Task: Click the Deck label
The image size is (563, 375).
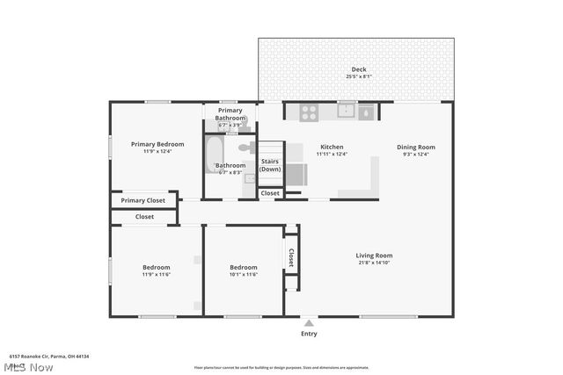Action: coord(358,69)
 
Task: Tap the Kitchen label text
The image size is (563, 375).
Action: coord(332,147)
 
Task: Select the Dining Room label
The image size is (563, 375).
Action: coord(415,147)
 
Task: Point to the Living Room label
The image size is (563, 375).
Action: coord(374,255)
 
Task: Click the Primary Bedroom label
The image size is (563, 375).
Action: coord(157,144)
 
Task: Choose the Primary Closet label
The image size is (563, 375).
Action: coord(143,200)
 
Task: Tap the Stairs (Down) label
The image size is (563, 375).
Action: coord(270,165)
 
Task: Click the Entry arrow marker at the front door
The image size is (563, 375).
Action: coord(309,322)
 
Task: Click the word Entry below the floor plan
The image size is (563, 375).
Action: coord(309,334)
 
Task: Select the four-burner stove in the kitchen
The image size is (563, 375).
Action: coord(310,112)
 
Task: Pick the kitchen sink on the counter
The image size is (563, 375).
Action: coord(347,111)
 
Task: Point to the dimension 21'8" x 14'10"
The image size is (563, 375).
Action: coord(374,263)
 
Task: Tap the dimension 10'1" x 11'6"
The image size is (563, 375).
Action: coord(244,275)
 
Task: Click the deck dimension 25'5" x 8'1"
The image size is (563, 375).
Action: coord(358,76)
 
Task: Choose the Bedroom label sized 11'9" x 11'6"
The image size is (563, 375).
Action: coord(157,267)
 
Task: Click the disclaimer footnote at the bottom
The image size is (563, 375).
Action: coord(281,367)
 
